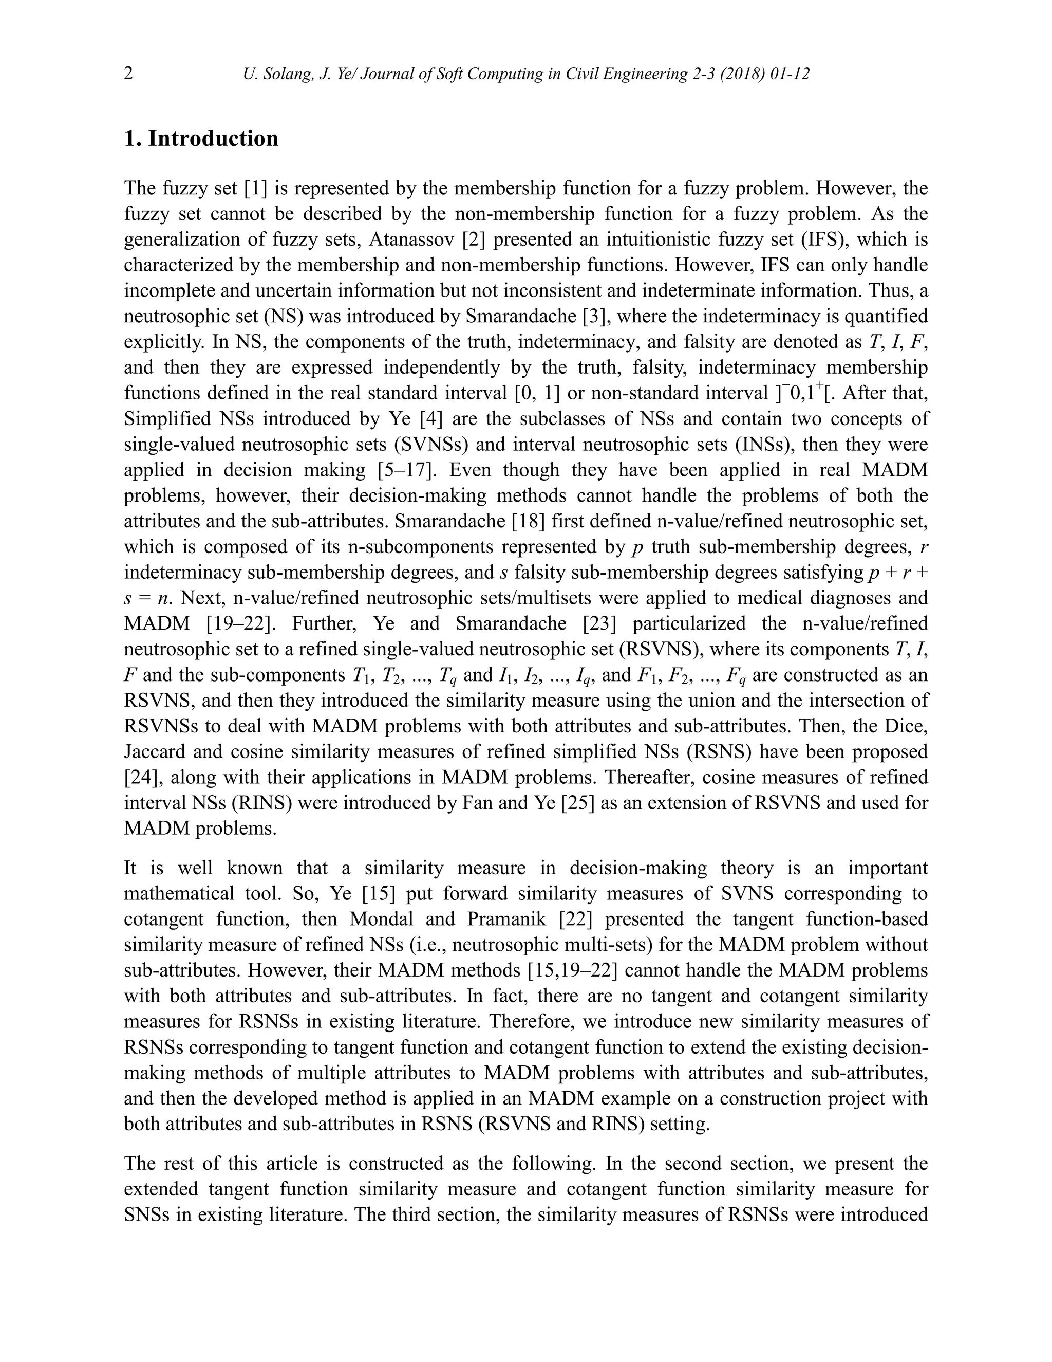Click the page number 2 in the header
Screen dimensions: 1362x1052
pyautogui.click(x=128, y=73)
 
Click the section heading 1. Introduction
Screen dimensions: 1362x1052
pyautogui.click(x=201, y=138)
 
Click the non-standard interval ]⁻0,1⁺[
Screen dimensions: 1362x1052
pyautogui.click(x=801, y=393)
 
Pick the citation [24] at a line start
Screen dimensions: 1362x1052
pyautogui.click(x=141, y=777)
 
